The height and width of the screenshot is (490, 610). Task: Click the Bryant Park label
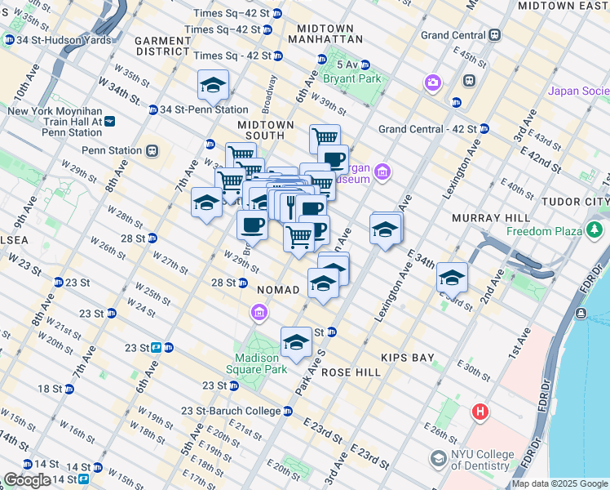pos(352,79)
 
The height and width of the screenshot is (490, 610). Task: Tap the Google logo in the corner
pos(26,480)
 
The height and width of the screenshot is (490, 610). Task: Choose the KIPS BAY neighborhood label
pos(409,358)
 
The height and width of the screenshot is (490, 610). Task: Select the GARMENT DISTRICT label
pos(162,46)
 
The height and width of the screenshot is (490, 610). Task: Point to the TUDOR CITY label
pos(581,201)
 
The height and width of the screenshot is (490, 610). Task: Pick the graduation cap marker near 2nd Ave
pos(452,278)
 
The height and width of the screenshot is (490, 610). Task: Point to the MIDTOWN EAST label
pos(563,6)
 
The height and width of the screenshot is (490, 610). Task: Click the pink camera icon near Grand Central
pos(431,82)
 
